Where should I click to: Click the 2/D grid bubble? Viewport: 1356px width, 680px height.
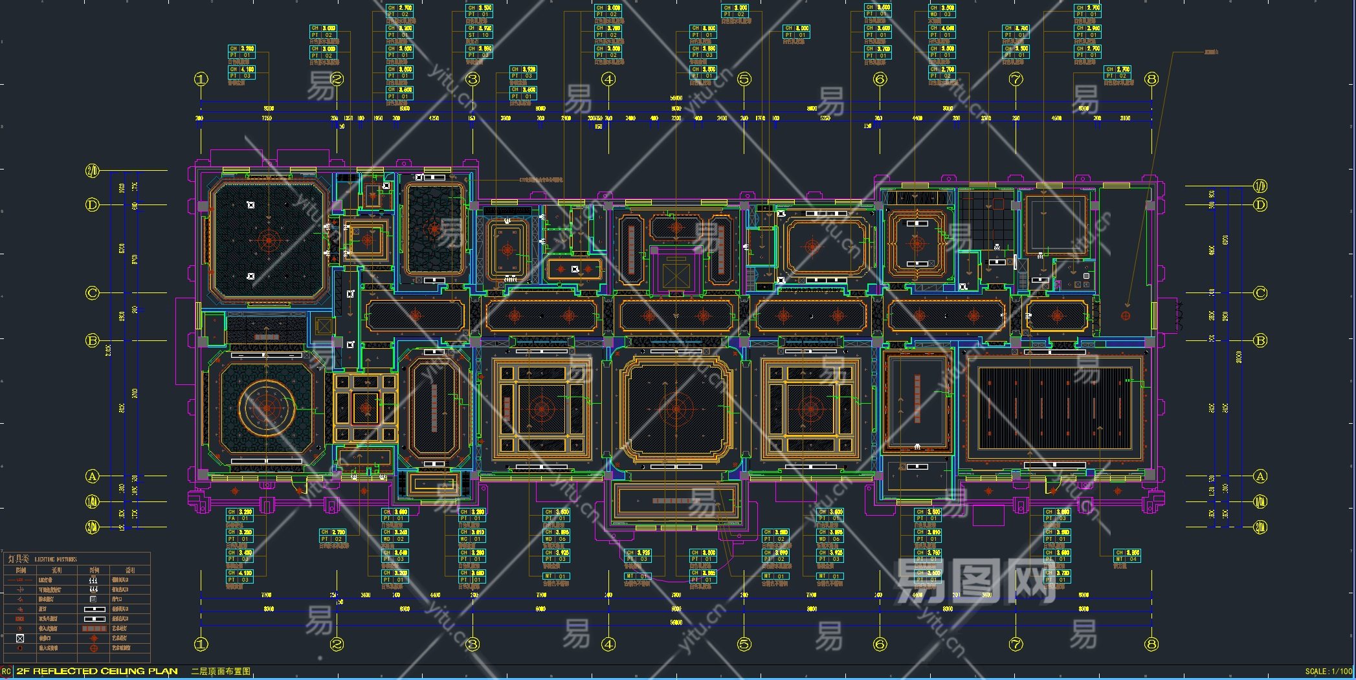click(x=93, y=171)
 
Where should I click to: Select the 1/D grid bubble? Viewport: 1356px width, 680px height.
click(x=1260, y=186)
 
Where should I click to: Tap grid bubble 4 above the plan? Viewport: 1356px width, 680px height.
click(x=608, y=79)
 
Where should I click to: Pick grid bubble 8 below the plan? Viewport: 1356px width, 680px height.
click(x=1151, y=644)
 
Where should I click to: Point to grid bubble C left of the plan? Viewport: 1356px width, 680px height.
click(x=93, y=293)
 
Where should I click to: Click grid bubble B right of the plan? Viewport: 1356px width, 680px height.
click(x=1260, y=340)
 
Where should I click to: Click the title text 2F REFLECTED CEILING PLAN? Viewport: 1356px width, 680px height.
click(x=97, y=672)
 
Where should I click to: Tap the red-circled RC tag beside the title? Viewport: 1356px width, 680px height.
click(x=6, y=672)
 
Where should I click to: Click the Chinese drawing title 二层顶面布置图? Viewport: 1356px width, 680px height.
click(x=221, y=672)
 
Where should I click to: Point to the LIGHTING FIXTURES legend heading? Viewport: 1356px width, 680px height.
click(x=55, y=559)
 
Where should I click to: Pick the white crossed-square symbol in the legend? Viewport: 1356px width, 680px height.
click(x=20, y=638)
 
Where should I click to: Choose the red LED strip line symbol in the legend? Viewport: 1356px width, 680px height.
click(x=20, y=580)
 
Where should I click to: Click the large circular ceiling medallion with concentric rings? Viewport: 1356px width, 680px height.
click(x=267, y=408)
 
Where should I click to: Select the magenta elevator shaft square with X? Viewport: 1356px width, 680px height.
click(x=676, y=269)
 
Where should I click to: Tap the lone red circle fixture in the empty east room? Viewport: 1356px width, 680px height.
click(x=1126, y=316)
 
